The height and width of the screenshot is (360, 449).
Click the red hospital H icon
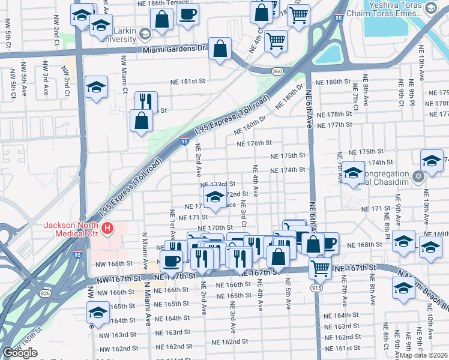[107, 228]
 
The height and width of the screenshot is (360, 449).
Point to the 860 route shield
[277, 71]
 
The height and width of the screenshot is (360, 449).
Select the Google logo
[20, 353]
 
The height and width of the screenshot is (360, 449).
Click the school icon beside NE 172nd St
[214, 195]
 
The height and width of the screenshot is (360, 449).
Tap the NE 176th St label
[255, 143]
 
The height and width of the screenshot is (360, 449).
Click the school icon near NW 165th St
[98, 313]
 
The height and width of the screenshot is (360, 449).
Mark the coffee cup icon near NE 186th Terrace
[188, 13]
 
